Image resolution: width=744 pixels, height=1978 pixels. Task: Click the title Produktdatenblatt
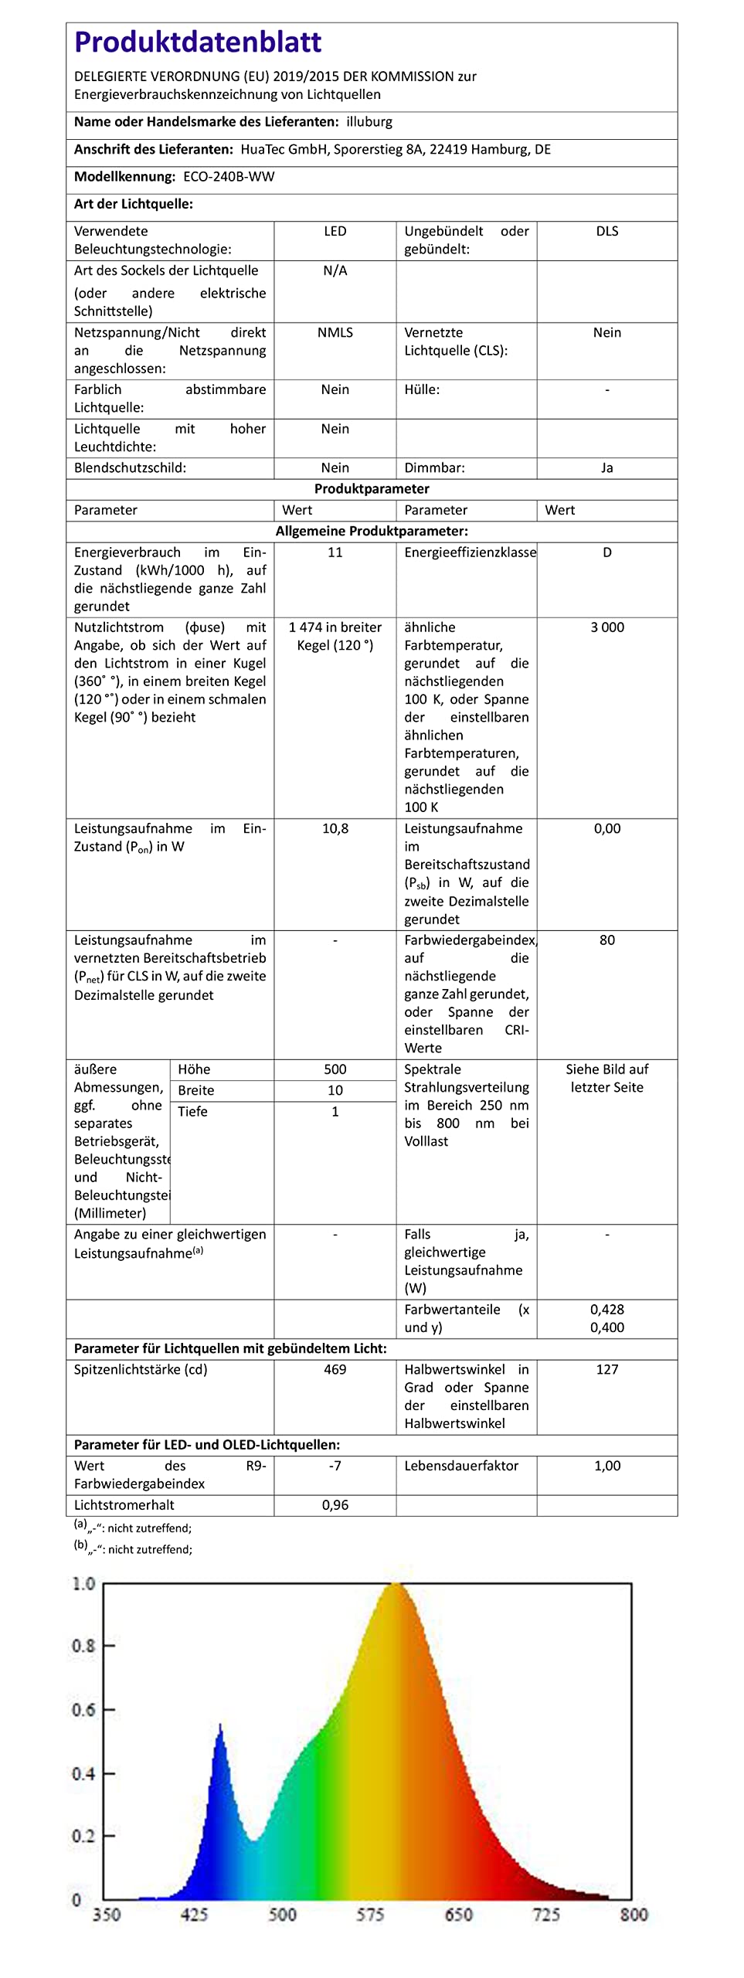(x=198, y=42)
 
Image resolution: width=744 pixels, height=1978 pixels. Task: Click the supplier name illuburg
(x=369, y=122)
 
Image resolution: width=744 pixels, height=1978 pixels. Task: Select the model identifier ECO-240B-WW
(x=229, y=177)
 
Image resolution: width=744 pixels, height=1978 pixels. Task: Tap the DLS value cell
(x=607, y=232)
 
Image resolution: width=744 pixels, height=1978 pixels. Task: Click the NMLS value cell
(x=335, y=333)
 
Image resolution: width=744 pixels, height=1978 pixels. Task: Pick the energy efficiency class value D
(x=607, y=552)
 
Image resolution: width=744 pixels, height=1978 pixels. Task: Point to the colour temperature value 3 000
(x=607, y=627)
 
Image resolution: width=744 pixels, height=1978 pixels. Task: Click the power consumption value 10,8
(x=335, y=829)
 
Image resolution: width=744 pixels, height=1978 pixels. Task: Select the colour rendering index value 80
(x=607, y=940)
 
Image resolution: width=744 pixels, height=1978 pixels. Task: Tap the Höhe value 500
(x=335, y=1069)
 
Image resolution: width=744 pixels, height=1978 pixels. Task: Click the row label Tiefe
(x=193, y=1112)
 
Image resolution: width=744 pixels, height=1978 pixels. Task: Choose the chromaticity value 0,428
(x=607, y=1310)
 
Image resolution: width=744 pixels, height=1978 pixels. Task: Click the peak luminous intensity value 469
(x=335, y=1370)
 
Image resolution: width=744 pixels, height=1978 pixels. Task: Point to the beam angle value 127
(x=607, y=1370)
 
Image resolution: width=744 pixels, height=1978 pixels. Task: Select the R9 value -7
(x=335, y=1467)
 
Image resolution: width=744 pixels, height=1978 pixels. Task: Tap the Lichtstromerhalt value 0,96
(x=335, y=1505)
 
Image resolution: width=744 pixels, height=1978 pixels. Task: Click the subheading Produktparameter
(x=372, y=489)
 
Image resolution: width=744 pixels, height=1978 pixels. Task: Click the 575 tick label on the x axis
(x=370, y=1915)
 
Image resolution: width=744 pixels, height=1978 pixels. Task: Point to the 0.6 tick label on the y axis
(x=83, y=1710)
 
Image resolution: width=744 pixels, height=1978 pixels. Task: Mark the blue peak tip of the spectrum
(x=220, y=1725)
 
